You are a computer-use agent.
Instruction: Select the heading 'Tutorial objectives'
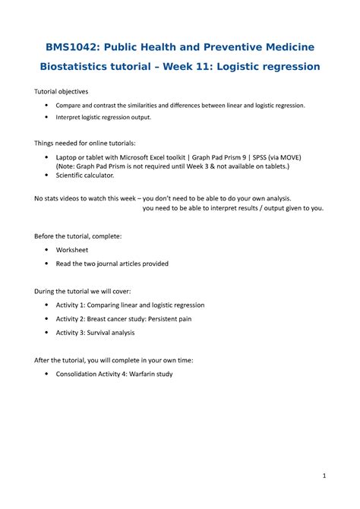pyautogui.click(x=62, y=91)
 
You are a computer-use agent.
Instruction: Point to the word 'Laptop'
pyautogui.click(x=68, y=156)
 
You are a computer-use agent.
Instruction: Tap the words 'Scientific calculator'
pyautogui.click(x=85, y=175)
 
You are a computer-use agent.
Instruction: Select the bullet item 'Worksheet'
pyautogui.click(x=72, y=249)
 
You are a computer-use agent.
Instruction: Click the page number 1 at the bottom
pyautogui.click(x=324, y=476)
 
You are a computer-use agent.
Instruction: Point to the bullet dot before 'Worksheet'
pyautogui.click(x=48, y=249)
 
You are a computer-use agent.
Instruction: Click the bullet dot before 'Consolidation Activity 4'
pyautogui.click(x=48, y=374)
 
